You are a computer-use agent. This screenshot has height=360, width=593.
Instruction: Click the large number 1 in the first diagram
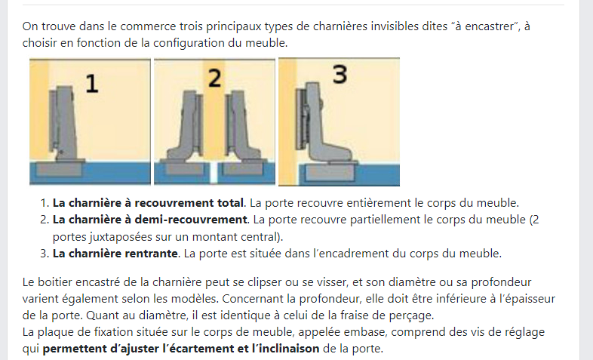click(x=92, y=84)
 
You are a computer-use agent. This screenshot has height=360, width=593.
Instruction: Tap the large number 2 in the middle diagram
click(x=215, y=78)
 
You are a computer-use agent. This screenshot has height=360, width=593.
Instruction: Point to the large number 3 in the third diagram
click(x=340, y=74)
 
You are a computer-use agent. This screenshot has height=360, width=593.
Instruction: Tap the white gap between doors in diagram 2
click(x=214, y=173)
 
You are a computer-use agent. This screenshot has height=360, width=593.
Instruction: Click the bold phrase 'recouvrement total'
click(x=189, y=203)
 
